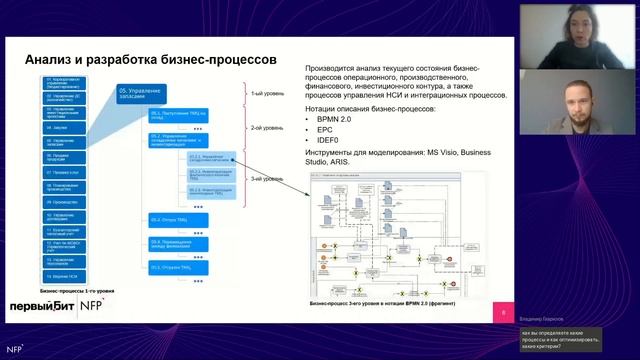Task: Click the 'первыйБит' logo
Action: (38, 306)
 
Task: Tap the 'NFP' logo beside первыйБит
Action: (93, 306)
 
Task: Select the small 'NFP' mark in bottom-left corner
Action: (13, 349)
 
